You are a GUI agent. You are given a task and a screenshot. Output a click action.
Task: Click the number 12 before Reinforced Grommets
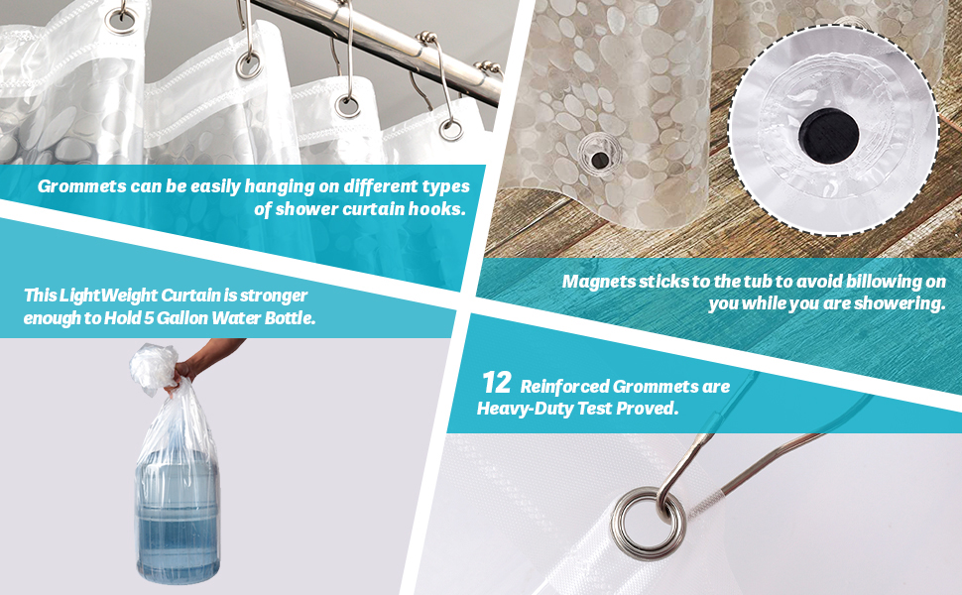[496, 383]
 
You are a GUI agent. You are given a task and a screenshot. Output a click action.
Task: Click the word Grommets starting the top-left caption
[81, 186]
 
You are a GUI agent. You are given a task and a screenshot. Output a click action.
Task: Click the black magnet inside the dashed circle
[828, 136]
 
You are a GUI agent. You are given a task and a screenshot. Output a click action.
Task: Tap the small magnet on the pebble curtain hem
[599, 161]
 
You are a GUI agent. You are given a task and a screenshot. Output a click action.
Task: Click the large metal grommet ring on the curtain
[649, 523]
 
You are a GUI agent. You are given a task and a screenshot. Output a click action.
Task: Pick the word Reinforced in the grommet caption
[564, 387]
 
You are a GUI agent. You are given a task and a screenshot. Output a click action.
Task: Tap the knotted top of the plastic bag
[154, 368]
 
